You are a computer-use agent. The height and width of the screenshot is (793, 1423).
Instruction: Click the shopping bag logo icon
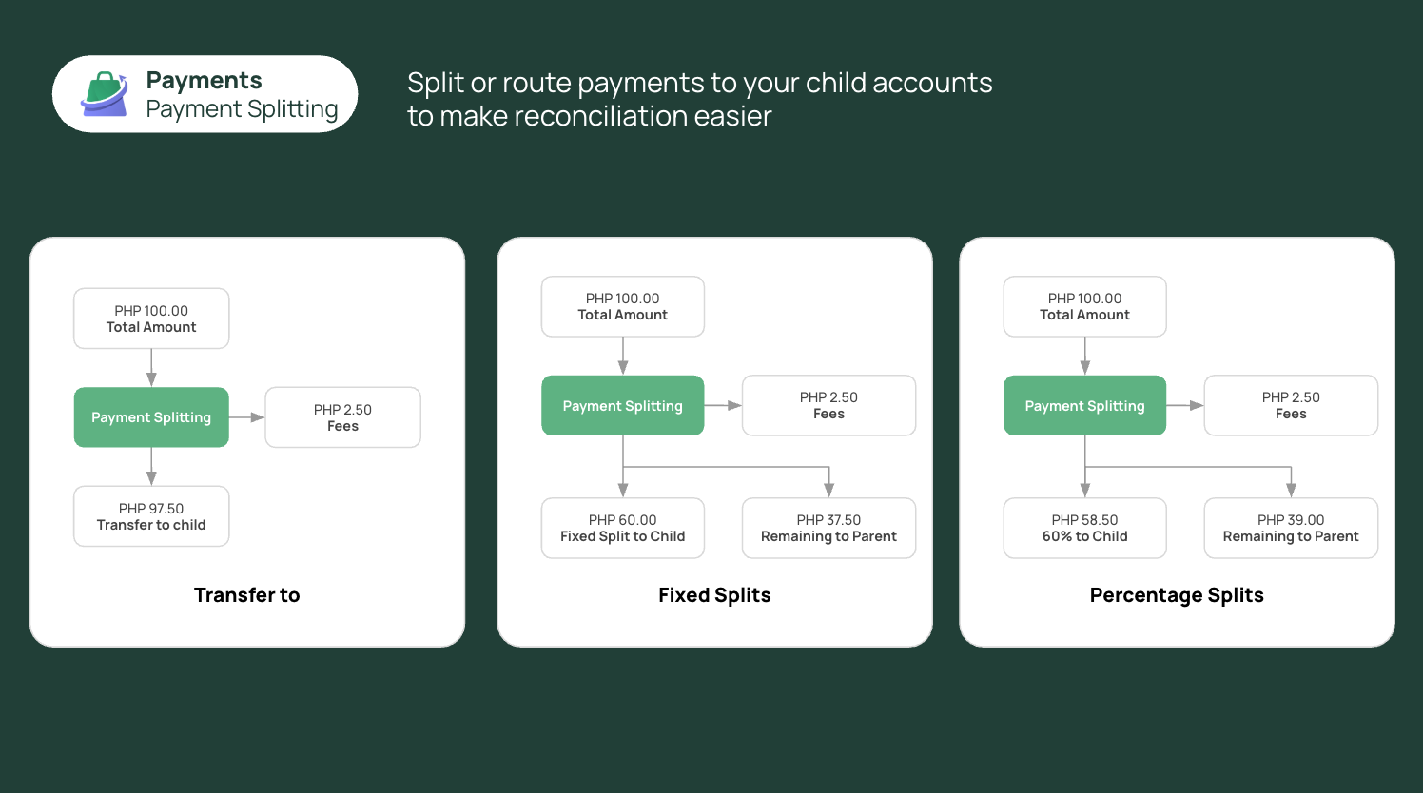(105, 94)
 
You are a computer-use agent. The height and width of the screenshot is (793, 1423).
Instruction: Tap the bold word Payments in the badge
(204, 81)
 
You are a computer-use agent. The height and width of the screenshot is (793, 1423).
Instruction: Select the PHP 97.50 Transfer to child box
(151, 516)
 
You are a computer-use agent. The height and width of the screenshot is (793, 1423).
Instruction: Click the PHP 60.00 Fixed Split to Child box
(622, 529)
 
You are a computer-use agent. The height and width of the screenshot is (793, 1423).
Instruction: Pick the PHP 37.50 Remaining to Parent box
(828, 529)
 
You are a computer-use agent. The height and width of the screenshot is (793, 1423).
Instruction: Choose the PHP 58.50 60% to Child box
(1084, 529)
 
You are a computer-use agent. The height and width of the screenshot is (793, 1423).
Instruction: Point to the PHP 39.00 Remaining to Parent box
(1291, 529)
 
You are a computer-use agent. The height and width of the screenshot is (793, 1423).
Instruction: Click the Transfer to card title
(246, 595)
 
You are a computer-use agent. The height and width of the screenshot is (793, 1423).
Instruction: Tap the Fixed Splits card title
(714, 595)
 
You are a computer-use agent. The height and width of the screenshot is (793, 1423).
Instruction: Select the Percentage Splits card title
(1177, 595)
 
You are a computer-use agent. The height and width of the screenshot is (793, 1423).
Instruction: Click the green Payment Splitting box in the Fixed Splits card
(622, 405)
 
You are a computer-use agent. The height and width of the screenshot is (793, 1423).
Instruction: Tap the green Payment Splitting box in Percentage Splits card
(1084, 405)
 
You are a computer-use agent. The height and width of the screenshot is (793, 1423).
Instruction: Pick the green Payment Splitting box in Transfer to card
(151, 417)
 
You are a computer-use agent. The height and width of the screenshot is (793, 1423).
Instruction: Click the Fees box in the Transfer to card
(342, 417)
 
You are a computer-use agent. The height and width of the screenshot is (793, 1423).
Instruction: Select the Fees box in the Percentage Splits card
(1291, 405)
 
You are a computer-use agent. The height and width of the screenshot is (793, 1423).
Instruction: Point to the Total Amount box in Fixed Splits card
(622, 306)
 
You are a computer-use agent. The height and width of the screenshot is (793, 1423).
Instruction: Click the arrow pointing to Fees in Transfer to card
(246, 417)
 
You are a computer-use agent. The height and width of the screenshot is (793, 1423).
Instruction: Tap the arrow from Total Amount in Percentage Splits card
(1085, 356)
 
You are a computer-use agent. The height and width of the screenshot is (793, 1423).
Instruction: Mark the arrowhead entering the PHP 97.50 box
(151, 479)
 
